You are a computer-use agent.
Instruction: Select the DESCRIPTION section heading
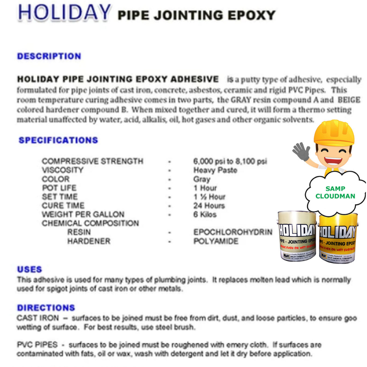pyautogui.click(x=49, y=56)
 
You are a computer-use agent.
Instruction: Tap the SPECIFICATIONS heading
pyautogui.click(x=58, y=140)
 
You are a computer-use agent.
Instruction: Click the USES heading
pyautogui.click(x=29, y=270)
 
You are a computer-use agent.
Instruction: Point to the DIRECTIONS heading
pyautogui.click(x=46, y=308)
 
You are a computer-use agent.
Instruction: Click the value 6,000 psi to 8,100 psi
pyautogui.click(x=230, y=161)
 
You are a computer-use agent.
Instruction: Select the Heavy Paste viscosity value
pyautogui.click(x=215, y=170)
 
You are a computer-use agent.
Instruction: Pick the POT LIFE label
pyautogui.click(x=59, y=188)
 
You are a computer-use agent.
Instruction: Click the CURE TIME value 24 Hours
pyautogui.click(x=209, y=206)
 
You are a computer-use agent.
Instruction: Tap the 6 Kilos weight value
pyautogui.click(x=205, y=215)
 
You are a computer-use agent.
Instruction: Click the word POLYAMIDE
pyautogui.click(x=216, y=241)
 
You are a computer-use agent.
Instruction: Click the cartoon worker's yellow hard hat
pyautogui.click(x=334, y=133)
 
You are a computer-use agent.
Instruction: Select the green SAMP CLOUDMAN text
pyautogui.click(x=335, y=192)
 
